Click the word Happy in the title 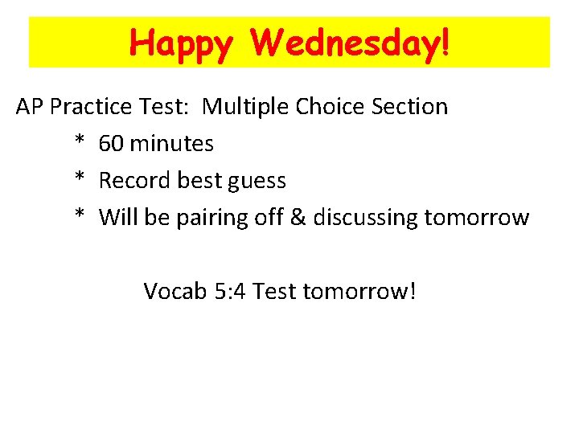[181, 43]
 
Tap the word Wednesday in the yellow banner [344, 43]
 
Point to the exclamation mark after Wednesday [445, 43]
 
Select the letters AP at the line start [31, 107]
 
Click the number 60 [111, 144]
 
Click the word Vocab [175, 291]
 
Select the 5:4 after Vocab [230, 291]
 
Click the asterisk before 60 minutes [80, 142]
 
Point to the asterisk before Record [80, 179]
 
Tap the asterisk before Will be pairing [80, 216]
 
